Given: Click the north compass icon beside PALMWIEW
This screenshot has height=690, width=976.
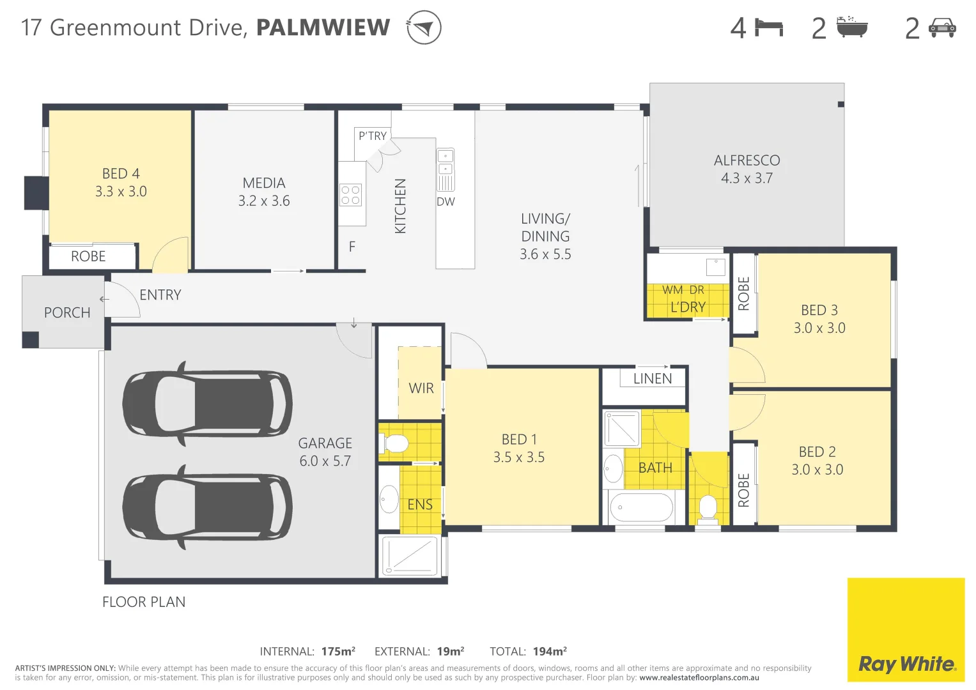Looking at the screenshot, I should tap(424, 27).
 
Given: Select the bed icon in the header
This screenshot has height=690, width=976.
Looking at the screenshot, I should tap(769, 27).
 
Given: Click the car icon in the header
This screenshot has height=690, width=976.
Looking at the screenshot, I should tap(942, 27).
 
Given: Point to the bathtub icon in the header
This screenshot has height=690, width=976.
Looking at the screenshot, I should tap(852, 27).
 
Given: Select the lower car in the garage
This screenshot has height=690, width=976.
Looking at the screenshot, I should tap(207, 507).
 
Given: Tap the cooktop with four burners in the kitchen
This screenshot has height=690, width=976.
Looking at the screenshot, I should tap(350, 195).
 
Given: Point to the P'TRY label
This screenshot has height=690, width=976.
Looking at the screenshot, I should tap(372, 135).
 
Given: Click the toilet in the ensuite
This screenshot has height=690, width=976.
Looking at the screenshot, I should tap(394, 443).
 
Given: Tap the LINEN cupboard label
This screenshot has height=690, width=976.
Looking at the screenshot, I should tap(652, 378).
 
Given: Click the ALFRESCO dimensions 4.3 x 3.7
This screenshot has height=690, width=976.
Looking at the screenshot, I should tap(747, 178).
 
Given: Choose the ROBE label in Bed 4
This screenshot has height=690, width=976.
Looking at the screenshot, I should tap(88, 256).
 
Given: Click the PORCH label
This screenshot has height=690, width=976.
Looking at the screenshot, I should tap(67, 312).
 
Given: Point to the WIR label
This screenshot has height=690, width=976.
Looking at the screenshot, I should tap(421, 388).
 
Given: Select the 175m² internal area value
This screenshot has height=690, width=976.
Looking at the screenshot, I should tap(338, 651).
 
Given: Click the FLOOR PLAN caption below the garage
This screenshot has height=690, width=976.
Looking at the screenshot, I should tap(144, 602).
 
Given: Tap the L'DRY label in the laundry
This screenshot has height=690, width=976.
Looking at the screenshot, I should tap(688, 307).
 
